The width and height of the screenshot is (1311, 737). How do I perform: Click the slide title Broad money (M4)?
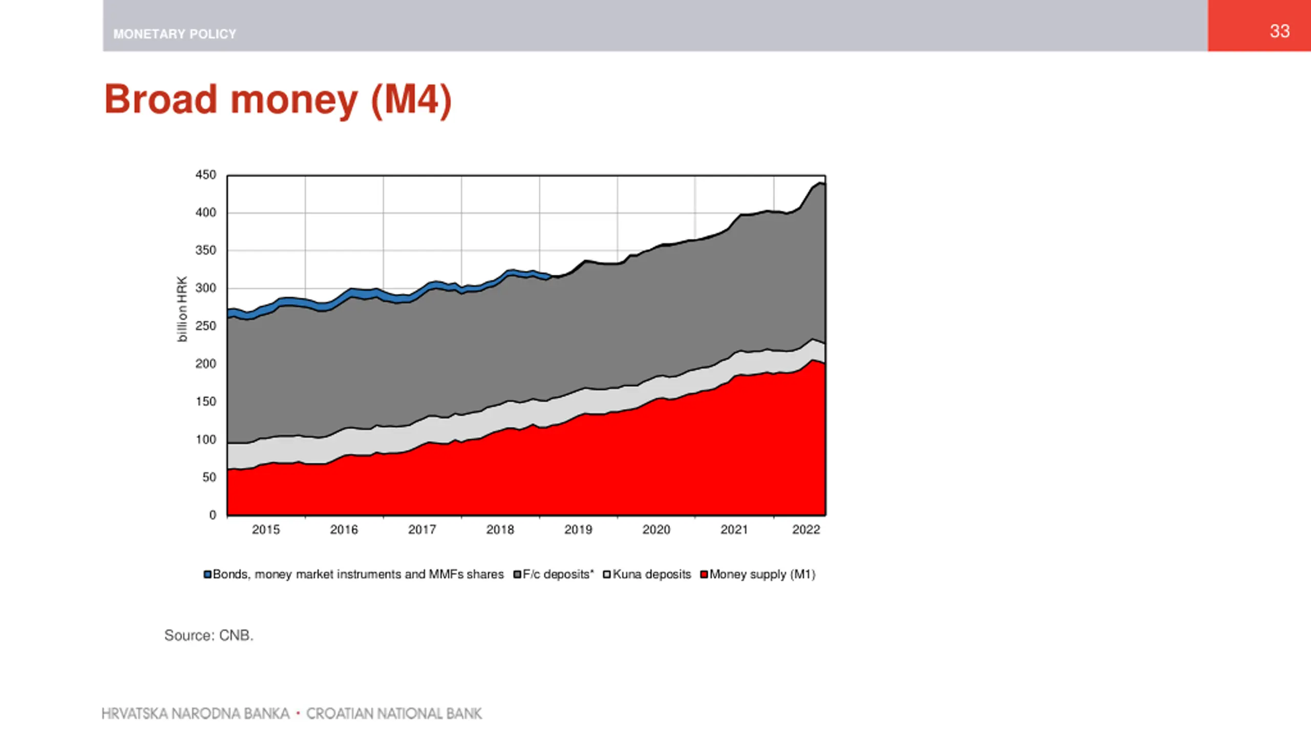click(x=278, y=100)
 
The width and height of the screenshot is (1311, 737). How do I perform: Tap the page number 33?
click(x=1279, y=31)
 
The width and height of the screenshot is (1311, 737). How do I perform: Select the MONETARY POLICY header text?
click(x=175, y=34)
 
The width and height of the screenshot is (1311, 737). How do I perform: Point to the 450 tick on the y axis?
click(x=206, y=175)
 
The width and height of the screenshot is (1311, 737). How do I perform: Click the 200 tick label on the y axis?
click(x=206, y=364)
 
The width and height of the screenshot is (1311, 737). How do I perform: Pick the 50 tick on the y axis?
click(x=209, y=478)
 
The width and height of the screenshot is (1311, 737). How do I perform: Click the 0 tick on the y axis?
click(x=213, y=515)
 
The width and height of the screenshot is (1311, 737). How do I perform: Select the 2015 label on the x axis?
click(x=266, y=530)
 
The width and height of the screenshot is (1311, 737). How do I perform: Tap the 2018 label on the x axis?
click(x=500, y=530)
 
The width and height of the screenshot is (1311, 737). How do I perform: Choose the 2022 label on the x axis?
click(x=806, y=530)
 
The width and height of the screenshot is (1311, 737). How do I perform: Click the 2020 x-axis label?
click(x=656, y=530)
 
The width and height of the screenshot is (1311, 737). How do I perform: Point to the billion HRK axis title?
click(x=182, y=309)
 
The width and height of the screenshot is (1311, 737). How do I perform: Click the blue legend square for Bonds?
click(x=207, y=575)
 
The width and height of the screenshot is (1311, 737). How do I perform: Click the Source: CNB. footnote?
click(x=209, y=636)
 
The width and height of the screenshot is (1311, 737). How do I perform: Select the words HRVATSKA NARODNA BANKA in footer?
click(x=196, y=713)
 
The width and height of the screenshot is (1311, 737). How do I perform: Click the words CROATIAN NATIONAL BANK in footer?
click(x=394, y=713)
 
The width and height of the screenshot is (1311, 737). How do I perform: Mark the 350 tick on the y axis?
click(x=206, y=250)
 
